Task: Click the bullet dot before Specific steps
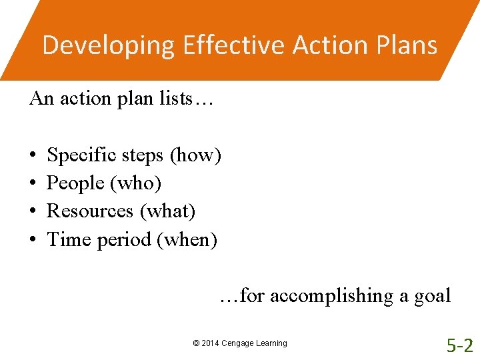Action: point(33,156)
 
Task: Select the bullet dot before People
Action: point(33,183)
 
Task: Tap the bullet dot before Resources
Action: point(33,211)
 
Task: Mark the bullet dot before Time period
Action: point(33,239)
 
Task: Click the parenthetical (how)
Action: point(195,156)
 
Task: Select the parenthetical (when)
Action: point(187,239)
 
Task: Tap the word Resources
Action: point(90,211)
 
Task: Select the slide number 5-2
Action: point(459,345)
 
